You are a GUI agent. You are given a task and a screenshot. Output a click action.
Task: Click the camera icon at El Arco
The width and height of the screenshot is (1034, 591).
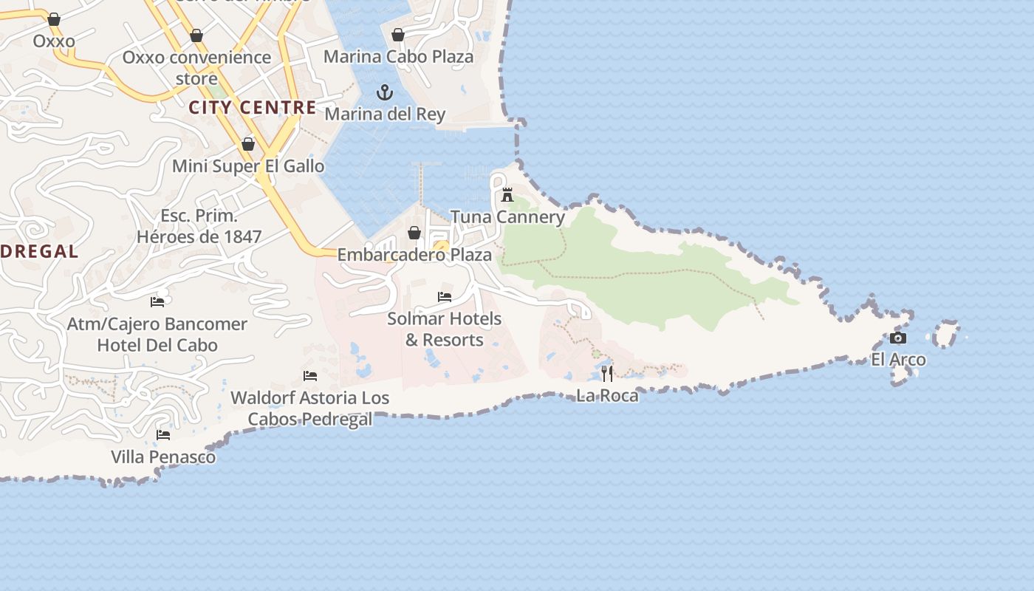898,338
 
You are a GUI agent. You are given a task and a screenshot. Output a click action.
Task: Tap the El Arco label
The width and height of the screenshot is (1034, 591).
898,360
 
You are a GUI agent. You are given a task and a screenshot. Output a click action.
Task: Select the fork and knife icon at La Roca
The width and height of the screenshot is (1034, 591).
607,373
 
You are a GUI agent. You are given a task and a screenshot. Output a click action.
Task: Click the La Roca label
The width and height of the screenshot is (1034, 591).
607,395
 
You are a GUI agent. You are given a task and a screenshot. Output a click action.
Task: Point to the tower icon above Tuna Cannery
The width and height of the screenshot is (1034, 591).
507,195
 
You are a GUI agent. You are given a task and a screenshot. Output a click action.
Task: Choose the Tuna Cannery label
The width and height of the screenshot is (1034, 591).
507,217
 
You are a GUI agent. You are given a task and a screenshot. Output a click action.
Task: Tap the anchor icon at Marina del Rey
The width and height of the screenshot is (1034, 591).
384,92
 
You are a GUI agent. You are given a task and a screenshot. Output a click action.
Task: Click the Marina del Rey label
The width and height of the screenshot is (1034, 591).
385,115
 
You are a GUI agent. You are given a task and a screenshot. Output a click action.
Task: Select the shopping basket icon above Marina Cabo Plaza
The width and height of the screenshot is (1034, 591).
398,35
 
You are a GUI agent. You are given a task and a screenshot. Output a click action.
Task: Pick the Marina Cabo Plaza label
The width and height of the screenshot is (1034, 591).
398,57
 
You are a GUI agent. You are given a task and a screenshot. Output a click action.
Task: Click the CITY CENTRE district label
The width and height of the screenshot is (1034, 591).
253,108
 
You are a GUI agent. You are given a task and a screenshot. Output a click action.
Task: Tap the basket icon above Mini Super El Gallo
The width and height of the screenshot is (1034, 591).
248,144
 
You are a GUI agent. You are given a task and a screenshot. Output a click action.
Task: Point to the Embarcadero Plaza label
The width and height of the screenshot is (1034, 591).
414,255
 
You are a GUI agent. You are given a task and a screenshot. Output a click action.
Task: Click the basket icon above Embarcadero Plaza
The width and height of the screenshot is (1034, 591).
414,233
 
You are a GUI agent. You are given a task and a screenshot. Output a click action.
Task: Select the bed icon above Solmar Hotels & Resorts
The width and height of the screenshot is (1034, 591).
445,297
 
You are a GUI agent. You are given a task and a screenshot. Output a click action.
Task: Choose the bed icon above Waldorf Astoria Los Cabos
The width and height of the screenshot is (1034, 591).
310,376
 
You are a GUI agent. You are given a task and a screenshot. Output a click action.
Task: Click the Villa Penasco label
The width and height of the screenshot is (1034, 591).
163,457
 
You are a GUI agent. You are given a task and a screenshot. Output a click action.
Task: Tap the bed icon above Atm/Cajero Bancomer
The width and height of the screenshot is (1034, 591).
157,301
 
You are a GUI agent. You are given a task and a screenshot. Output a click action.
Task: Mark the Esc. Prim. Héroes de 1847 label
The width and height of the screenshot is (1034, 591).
199,227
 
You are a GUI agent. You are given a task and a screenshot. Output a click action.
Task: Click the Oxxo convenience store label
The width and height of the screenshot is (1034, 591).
196,67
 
